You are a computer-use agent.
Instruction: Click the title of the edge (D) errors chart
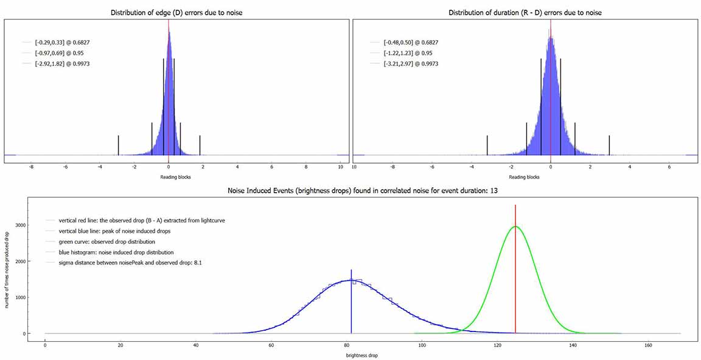[176, 13]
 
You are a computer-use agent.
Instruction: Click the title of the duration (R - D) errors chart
[525, 13]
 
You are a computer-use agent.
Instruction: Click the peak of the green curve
[515, 227]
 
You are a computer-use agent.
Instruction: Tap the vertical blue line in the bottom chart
[351, 304]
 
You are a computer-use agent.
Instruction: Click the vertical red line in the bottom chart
[515, 274]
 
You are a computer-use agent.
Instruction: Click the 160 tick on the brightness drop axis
[648, 345]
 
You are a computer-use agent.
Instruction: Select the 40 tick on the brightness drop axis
[196, 345]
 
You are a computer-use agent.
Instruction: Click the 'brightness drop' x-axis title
[362, 355]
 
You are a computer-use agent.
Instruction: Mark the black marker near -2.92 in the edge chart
[118, 144]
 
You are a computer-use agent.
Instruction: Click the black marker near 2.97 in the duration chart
[609, 144]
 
